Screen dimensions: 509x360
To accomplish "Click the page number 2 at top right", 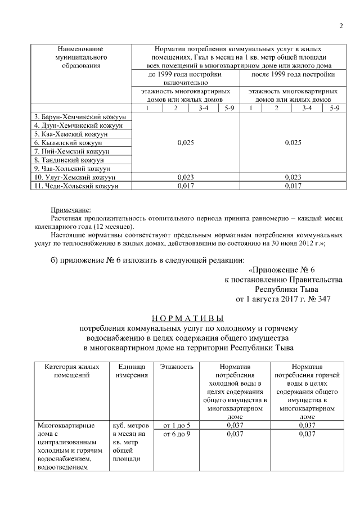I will [x=341, y=26].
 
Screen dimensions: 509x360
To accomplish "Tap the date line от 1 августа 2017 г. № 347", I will [x=282, y=299].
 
